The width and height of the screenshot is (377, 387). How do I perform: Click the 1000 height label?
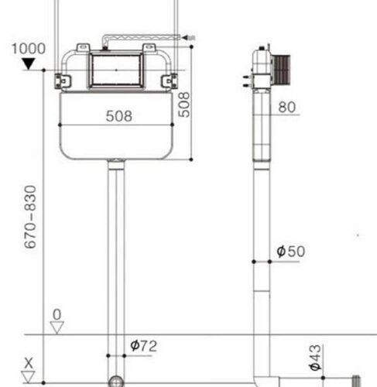(29, 49)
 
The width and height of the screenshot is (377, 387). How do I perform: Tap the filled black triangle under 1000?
(29, 63)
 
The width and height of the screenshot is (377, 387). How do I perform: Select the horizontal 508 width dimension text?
(119, 116)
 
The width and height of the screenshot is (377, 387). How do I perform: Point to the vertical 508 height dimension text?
(184, 104)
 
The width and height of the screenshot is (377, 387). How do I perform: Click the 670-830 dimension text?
(30, 217)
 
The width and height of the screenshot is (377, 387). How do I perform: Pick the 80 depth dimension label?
(287, 107)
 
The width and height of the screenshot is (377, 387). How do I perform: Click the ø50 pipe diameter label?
(290, 252)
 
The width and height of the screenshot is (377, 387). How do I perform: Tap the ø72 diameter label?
(143, 346)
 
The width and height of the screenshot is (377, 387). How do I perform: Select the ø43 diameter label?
(315, 358)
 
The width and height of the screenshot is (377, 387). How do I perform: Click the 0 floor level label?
(57, 315)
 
